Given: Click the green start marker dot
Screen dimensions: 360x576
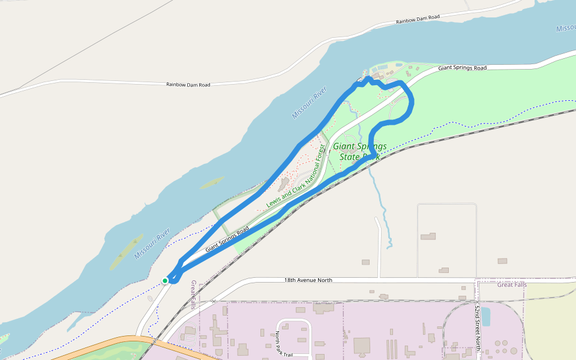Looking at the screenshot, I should (165, 280).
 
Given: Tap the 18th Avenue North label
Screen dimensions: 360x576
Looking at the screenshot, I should (308, 280).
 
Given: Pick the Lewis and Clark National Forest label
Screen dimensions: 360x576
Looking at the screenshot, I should (295, 177).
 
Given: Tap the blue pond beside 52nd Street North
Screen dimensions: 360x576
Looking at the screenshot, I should (485, 316).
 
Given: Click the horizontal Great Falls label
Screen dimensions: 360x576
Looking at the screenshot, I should (511, 285).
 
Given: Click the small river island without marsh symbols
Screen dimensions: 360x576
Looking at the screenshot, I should (212, 182).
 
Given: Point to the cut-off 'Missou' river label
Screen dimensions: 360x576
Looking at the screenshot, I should (565, 29).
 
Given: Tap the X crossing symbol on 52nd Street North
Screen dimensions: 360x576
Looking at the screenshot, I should (477, 302).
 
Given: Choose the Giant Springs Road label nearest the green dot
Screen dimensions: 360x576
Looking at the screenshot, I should (227, 239).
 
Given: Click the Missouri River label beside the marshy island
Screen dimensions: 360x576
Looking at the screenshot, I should (152, 243).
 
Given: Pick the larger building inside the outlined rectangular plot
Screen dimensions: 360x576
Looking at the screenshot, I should (428, 236).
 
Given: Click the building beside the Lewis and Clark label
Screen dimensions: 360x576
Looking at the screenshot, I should (284, 182).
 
